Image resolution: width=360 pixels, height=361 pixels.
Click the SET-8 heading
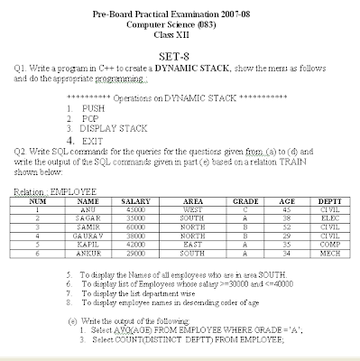click(x=181, y=52)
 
